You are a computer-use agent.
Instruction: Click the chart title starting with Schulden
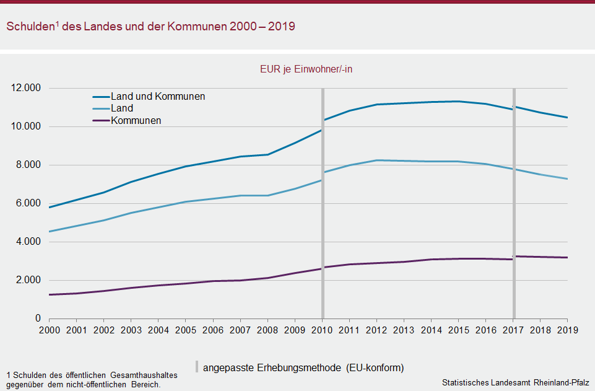[x=150, y=27]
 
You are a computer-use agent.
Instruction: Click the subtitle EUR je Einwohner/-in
[x=306, y=69]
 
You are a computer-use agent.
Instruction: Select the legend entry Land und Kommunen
[x=158, y=97]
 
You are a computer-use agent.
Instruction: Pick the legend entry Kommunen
[x=136, y=120]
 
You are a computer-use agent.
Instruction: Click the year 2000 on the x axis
[x=49, y=330]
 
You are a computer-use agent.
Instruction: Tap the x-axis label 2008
[x=267, y=330]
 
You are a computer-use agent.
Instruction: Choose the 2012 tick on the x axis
[x=376, y=330]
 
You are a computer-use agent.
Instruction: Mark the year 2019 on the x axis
[x=567, y=330]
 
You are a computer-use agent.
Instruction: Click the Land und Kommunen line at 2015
[x=458, y=101]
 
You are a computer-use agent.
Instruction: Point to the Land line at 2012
[x=376, y=160]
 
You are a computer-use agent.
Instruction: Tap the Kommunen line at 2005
[x=186, y=283]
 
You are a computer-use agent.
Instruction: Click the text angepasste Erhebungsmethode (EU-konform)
[x=303, y=367]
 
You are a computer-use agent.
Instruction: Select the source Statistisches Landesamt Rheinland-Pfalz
[x=515, y=382]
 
